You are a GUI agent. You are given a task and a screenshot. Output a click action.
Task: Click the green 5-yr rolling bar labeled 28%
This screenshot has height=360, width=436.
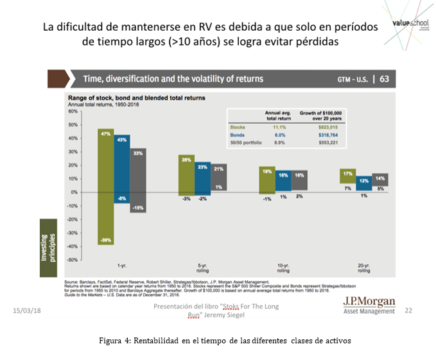(x=186, y=175)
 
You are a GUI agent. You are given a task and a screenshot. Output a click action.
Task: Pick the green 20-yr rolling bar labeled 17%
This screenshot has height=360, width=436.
(x=347, y=176)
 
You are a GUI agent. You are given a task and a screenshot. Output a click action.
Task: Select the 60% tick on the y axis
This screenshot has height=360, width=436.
(x=73, y=111)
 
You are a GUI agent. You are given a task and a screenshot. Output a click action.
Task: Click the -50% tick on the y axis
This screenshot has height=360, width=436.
(x=72, y=260)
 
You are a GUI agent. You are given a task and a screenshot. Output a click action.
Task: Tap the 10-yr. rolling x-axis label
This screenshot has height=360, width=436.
(x=283, y=268)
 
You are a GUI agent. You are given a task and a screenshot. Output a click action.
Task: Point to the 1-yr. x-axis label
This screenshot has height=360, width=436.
(x=121, y=265)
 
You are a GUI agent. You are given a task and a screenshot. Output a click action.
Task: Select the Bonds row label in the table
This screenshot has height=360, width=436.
(x=237, y=134)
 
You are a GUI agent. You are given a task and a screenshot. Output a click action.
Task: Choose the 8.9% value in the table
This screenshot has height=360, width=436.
(x=279, y=141)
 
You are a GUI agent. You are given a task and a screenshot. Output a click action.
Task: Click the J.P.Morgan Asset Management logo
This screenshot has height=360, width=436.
(x=369, y=305)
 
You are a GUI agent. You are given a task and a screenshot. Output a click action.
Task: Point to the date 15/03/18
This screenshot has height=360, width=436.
(x=26, y=311)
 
